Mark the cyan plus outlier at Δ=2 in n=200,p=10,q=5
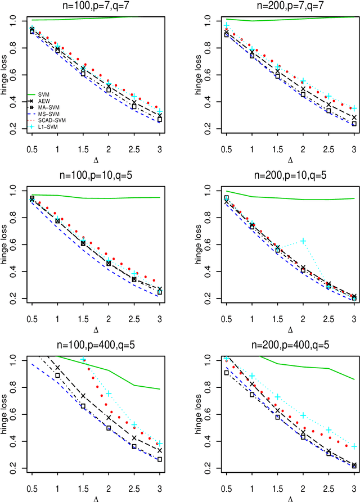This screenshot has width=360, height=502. [x=304, y=241]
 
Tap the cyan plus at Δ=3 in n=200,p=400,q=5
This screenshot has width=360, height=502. [x=354, y=446]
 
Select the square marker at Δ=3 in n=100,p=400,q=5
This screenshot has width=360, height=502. [x=160, y=459]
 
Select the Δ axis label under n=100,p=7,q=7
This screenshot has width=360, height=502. [x=96, y=160]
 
